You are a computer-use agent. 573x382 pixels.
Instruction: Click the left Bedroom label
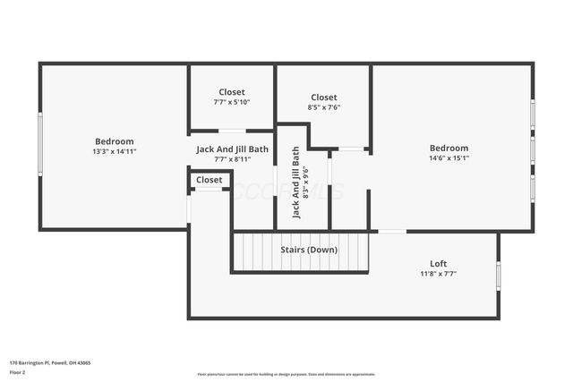[114, 141]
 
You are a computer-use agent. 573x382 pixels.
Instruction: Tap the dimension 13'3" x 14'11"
[114, 151]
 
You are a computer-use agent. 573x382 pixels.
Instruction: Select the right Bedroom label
[449, 149]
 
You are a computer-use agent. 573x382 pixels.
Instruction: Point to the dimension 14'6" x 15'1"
[449, 158]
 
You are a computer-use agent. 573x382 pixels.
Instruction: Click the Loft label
[438, 264]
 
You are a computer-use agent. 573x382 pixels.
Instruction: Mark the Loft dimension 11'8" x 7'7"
[438, 274]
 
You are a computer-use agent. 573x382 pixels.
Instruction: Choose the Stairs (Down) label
[308, 250]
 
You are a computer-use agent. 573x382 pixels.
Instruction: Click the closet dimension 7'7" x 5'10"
[232, 102]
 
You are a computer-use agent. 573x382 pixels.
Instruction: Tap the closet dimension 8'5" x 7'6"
[324, 107]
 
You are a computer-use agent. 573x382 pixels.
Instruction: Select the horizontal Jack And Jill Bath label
[232, 149]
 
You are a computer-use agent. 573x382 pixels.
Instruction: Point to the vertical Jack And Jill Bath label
[295, 183]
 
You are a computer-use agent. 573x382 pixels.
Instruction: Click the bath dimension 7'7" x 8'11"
[232, 159]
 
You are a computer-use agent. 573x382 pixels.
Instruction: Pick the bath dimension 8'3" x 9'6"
[306, 183]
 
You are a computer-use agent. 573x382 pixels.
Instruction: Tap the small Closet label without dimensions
[209, 180]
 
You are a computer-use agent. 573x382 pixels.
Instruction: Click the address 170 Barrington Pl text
[49, 363]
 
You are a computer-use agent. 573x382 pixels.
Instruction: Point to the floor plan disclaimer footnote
[286, 374]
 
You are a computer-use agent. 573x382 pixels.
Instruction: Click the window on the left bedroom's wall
[39, 143]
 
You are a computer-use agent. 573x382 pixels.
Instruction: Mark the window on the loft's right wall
[498, 276]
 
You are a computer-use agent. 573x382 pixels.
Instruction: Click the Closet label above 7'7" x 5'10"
[232, 92]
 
